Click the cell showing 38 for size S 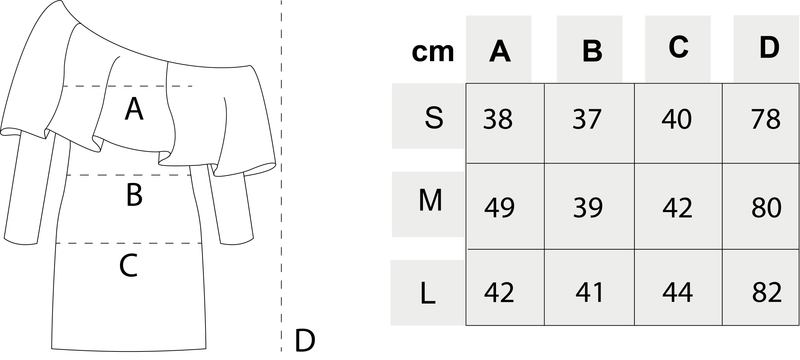coord(497,119)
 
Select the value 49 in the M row coord(498,208)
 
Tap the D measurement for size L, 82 coord(766,292)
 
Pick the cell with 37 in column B coord(588,119)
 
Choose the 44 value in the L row coord(678,292)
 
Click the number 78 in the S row coord(765,119)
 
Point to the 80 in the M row coord(766,208)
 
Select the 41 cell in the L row coord(589,292)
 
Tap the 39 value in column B coord(588,208)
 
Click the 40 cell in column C coord(677,119)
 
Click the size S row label coord(434,118)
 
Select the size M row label coord(430,201)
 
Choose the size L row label coord(428,294)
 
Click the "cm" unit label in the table coord(433,53)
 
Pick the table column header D coord(769,47)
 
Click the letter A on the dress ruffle coord(134,109)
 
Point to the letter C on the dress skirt coord(129,266)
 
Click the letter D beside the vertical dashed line coord(305,341)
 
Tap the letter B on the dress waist coord(134,195)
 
